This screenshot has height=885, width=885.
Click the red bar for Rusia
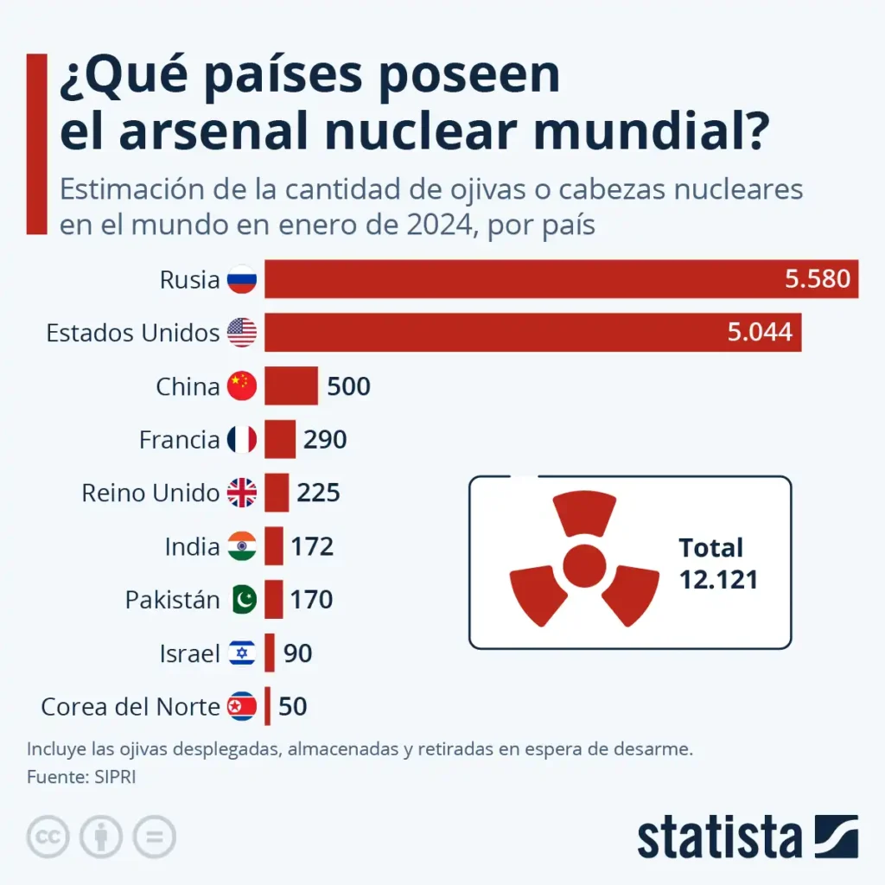(x=519, y=279)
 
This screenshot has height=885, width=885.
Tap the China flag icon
(x=242, y=386)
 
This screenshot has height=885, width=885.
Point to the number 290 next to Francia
(x=325, y=440)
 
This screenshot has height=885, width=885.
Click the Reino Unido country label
(x=150, y=493)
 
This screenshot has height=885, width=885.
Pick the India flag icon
(x=242, y=547)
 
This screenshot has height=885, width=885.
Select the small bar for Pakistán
(x=274, y=600)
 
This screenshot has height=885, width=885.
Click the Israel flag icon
(x=242, y=653)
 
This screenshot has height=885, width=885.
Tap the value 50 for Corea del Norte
(x=293, y=707)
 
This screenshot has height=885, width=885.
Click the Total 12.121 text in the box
(x=717, y=563)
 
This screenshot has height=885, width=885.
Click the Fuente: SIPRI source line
(x=81, y=777)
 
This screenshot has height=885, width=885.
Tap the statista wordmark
(x=720, y=837)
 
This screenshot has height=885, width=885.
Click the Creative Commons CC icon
(x=48, y=837)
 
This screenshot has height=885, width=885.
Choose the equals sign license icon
(x=154, y=837)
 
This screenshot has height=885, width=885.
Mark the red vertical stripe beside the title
(x=36, y=143)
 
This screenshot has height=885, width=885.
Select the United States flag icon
(x=242, y=333)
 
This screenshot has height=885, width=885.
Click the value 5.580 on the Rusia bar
(x=817, y=279)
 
